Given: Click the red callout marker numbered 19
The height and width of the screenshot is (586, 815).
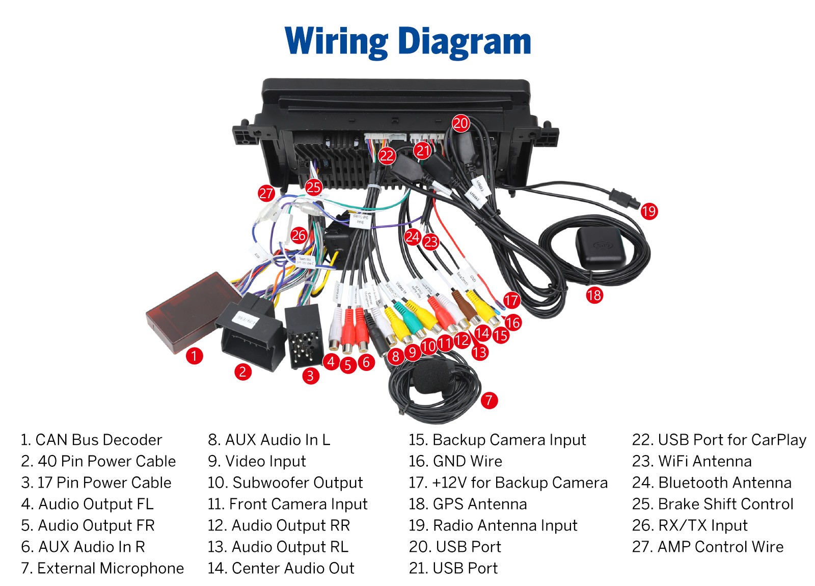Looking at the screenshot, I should coord(649,211).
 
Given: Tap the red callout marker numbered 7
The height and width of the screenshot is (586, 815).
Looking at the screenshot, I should coord(489,400).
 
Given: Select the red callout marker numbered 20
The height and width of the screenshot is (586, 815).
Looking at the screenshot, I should coord(460,123).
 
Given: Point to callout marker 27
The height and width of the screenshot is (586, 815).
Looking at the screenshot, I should coord(266,193).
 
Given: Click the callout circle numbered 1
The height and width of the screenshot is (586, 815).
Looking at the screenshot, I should coord(194,356).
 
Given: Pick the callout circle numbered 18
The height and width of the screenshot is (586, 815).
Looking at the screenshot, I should coord(594,295).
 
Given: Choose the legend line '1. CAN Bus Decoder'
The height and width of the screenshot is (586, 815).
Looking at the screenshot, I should coord(91,440).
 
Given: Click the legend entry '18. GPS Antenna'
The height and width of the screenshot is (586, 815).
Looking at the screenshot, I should coord(468,504).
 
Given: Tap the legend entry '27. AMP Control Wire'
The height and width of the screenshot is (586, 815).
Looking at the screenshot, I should coord(708,547).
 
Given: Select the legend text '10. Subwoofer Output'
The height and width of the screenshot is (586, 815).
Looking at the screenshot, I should coord(285,483).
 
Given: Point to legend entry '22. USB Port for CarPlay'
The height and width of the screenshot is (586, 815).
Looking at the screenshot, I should coord(719,440).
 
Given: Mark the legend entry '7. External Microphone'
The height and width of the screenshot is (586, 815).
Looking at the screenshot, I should coord(102,568).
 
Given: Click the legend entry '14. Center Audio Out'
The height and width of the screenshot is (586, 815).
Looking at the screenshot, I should coord(281,568).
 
